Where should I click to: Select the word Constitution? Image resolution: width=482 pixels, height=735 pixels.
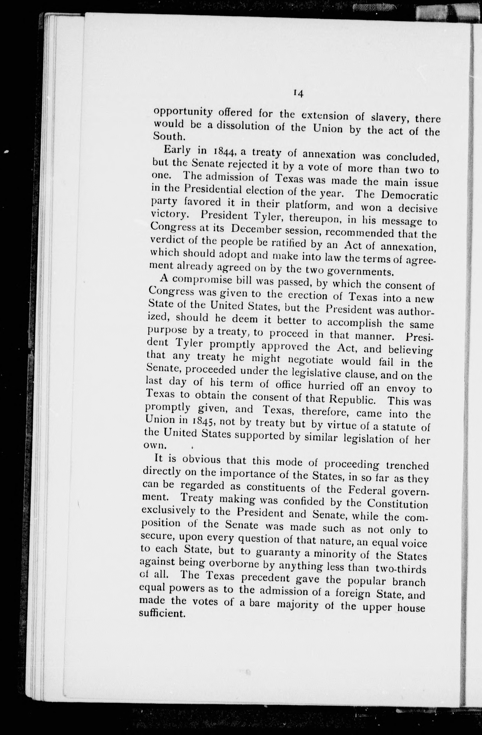397,504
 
